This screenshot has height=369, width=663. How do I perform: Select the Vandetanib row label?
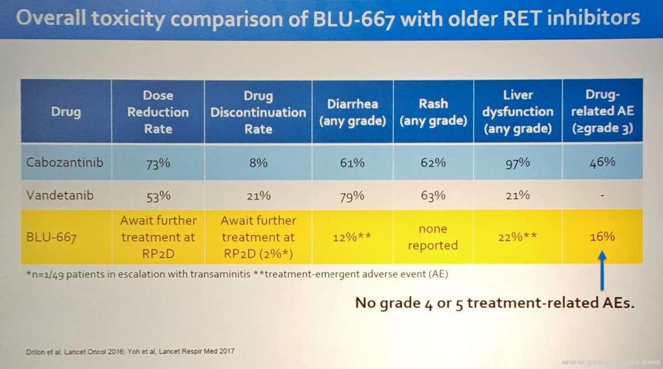[x=59, y=196]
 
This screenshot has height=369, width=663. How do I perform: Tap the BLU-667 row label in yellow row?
[x=51, y=237]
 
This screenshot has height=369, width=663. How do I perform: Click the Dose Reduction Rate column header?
[x=158, y=112]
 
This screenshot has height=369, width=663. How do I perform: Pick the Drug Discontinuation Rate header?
[x=258, y=112]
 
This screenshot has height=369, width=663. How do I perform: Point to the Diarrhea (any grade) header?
[x=353, y=112]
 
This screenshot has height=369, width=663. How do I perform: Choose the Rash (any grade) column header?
[x=433, y=112]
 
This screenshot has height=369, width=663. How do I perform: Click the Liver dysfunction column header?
[x=517, y=112]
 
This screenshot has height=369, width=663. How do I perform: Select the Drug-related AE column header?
[x=602, y=112]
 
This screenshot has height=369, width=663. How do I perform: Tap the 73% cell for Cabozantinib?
[x=158, y=163]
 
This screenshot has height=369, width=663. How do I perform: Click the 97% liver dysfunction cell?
[x=517, y=163]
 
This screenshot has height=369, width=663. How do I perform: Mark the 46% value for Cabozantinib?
[x=602, y=163]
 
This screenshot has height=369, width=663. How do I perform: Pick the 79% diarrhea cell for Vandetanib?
[x=352, y=196]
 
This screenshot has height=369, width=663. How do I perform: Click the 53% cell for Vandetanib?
[x=158, y=196]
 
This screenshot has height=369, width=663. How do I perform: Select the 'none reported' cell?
[x=433, y=237]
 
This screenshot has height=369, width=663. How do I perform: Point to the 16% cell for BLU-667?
[x=602, y=237]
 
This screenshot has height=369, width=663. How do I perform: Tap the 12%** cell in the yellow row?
[x=352, y=237]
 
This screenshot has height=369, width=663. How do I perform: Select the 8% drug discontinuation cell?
[x=258, y=163]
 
